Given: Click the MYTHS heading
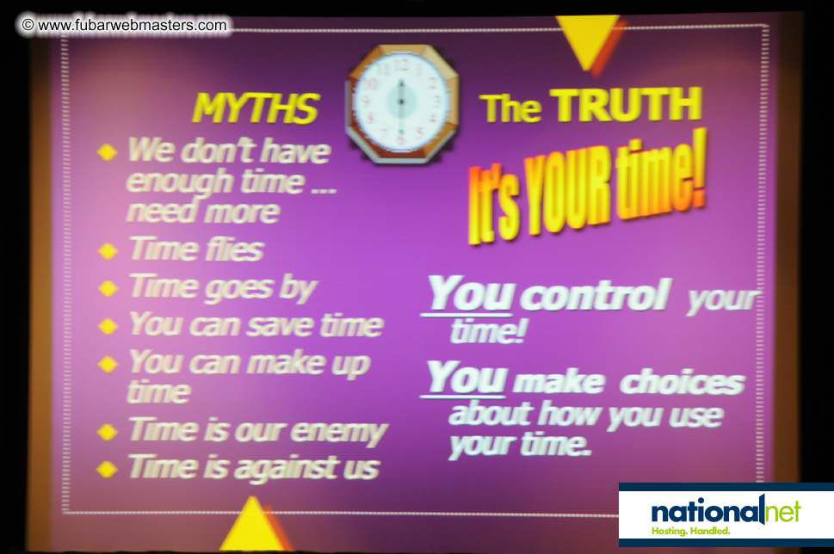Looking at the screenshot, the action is click(256, 108).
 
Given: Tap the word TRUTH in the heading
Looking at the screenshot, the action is click(626, 105).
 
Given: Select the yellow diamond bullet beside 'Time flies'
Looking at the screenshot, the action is click(108, 250).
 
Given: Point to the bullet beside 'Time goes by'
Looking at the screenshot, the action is click(108, 288).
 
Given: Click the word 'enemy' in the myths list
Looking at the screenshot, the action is click(339, 432).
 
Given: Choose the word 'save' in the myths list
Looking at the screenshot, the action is click(281, 326).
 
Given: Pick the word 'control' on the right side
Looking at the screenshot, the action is click(597, 295).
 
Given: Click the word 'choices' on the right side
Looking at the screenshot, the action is click(683, 382).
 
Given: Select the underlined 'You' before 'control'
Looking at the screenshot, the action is click(471, 293).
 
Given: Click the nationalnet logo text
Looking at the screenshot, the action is click(726, 511).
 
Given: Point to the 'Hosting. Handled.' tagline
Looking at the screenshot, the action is click(690, 531).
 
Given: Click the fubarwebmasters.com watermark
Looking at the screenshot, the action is click(125, 25).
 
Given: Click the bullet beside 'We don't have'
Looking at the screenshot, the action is click(107, 151).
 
